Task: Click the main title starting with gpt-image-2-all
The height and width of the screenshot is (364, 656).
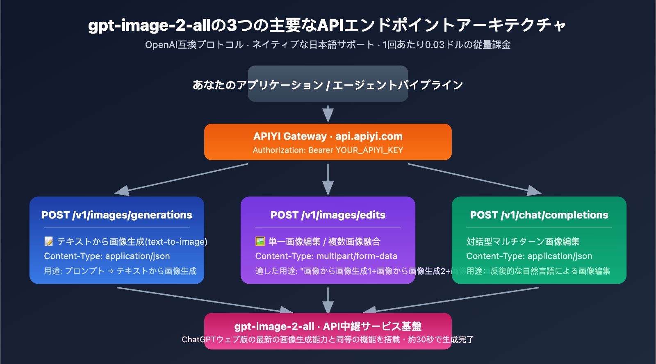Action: click(327, 25)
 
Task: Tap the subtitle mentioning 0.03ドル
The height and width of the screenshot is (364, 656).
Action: click(328, 45)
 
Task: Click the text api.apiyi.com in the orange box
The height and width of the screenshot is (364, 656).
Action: click(369, 136)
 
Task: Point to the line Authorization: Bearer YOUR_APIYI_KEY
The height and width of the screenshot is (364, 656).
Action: click(328, 150)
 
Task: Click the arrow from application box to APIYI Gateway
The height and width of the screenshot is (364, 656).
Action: click(328, 114)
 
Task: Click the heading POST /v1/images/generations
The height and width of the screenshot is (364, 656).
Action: click(117, 215)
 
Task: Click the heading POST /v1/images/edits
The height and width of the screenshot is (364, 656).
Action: click(328, 215)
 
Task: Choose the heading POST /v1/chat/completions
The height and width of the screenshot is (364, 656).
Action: click(539, 215)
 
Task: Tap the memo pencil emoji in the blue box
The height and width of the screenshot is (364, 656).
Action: click(49, 241)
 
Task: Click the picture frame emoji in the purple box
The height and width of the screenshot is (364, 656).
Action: click(260, 241)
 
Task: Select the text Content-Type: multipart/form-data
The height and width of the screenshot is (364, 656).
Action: click(326, 256)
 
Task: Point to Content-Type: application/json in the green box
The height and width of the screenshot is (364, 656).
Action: click(529, 256)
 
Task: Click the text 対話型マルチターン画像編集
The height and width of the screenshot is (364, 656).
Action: click(523, 241)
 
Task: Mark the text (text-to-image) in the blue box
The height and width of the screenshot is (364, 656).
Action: click(176, 242)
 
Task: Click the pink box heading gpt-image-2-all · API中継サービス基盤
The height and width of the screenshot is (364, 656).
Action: click(328, 326)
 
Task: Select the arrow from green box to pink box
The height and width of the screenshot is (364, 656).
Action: click(451, 300)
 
